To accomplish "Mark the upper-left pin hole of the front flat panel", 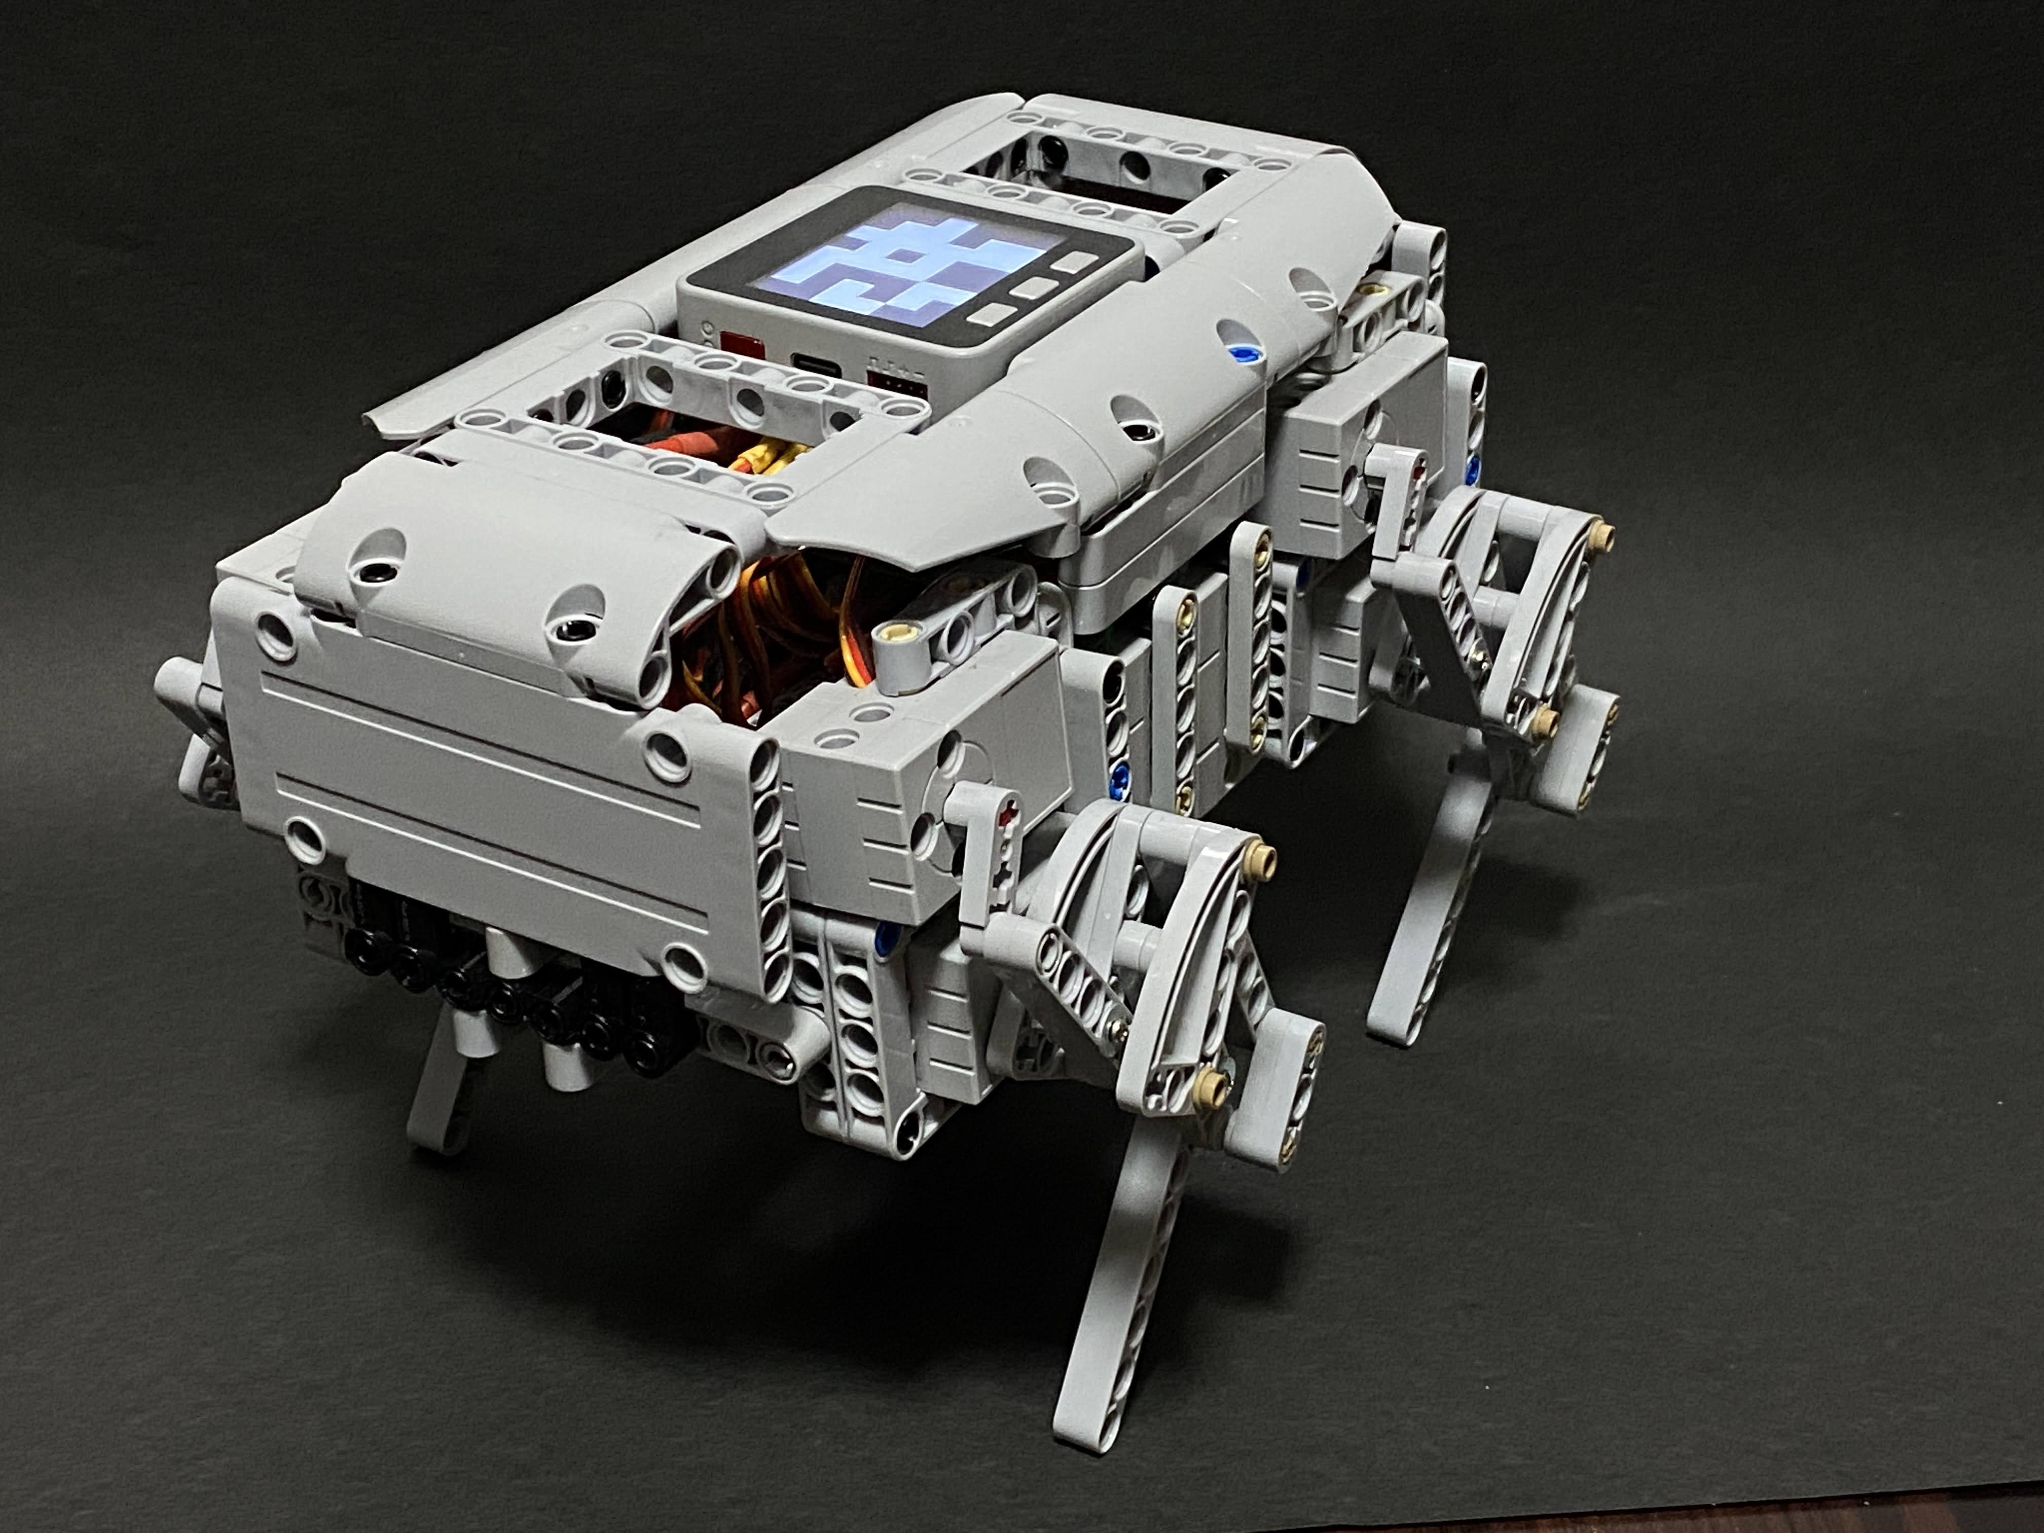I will point(279,634).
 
